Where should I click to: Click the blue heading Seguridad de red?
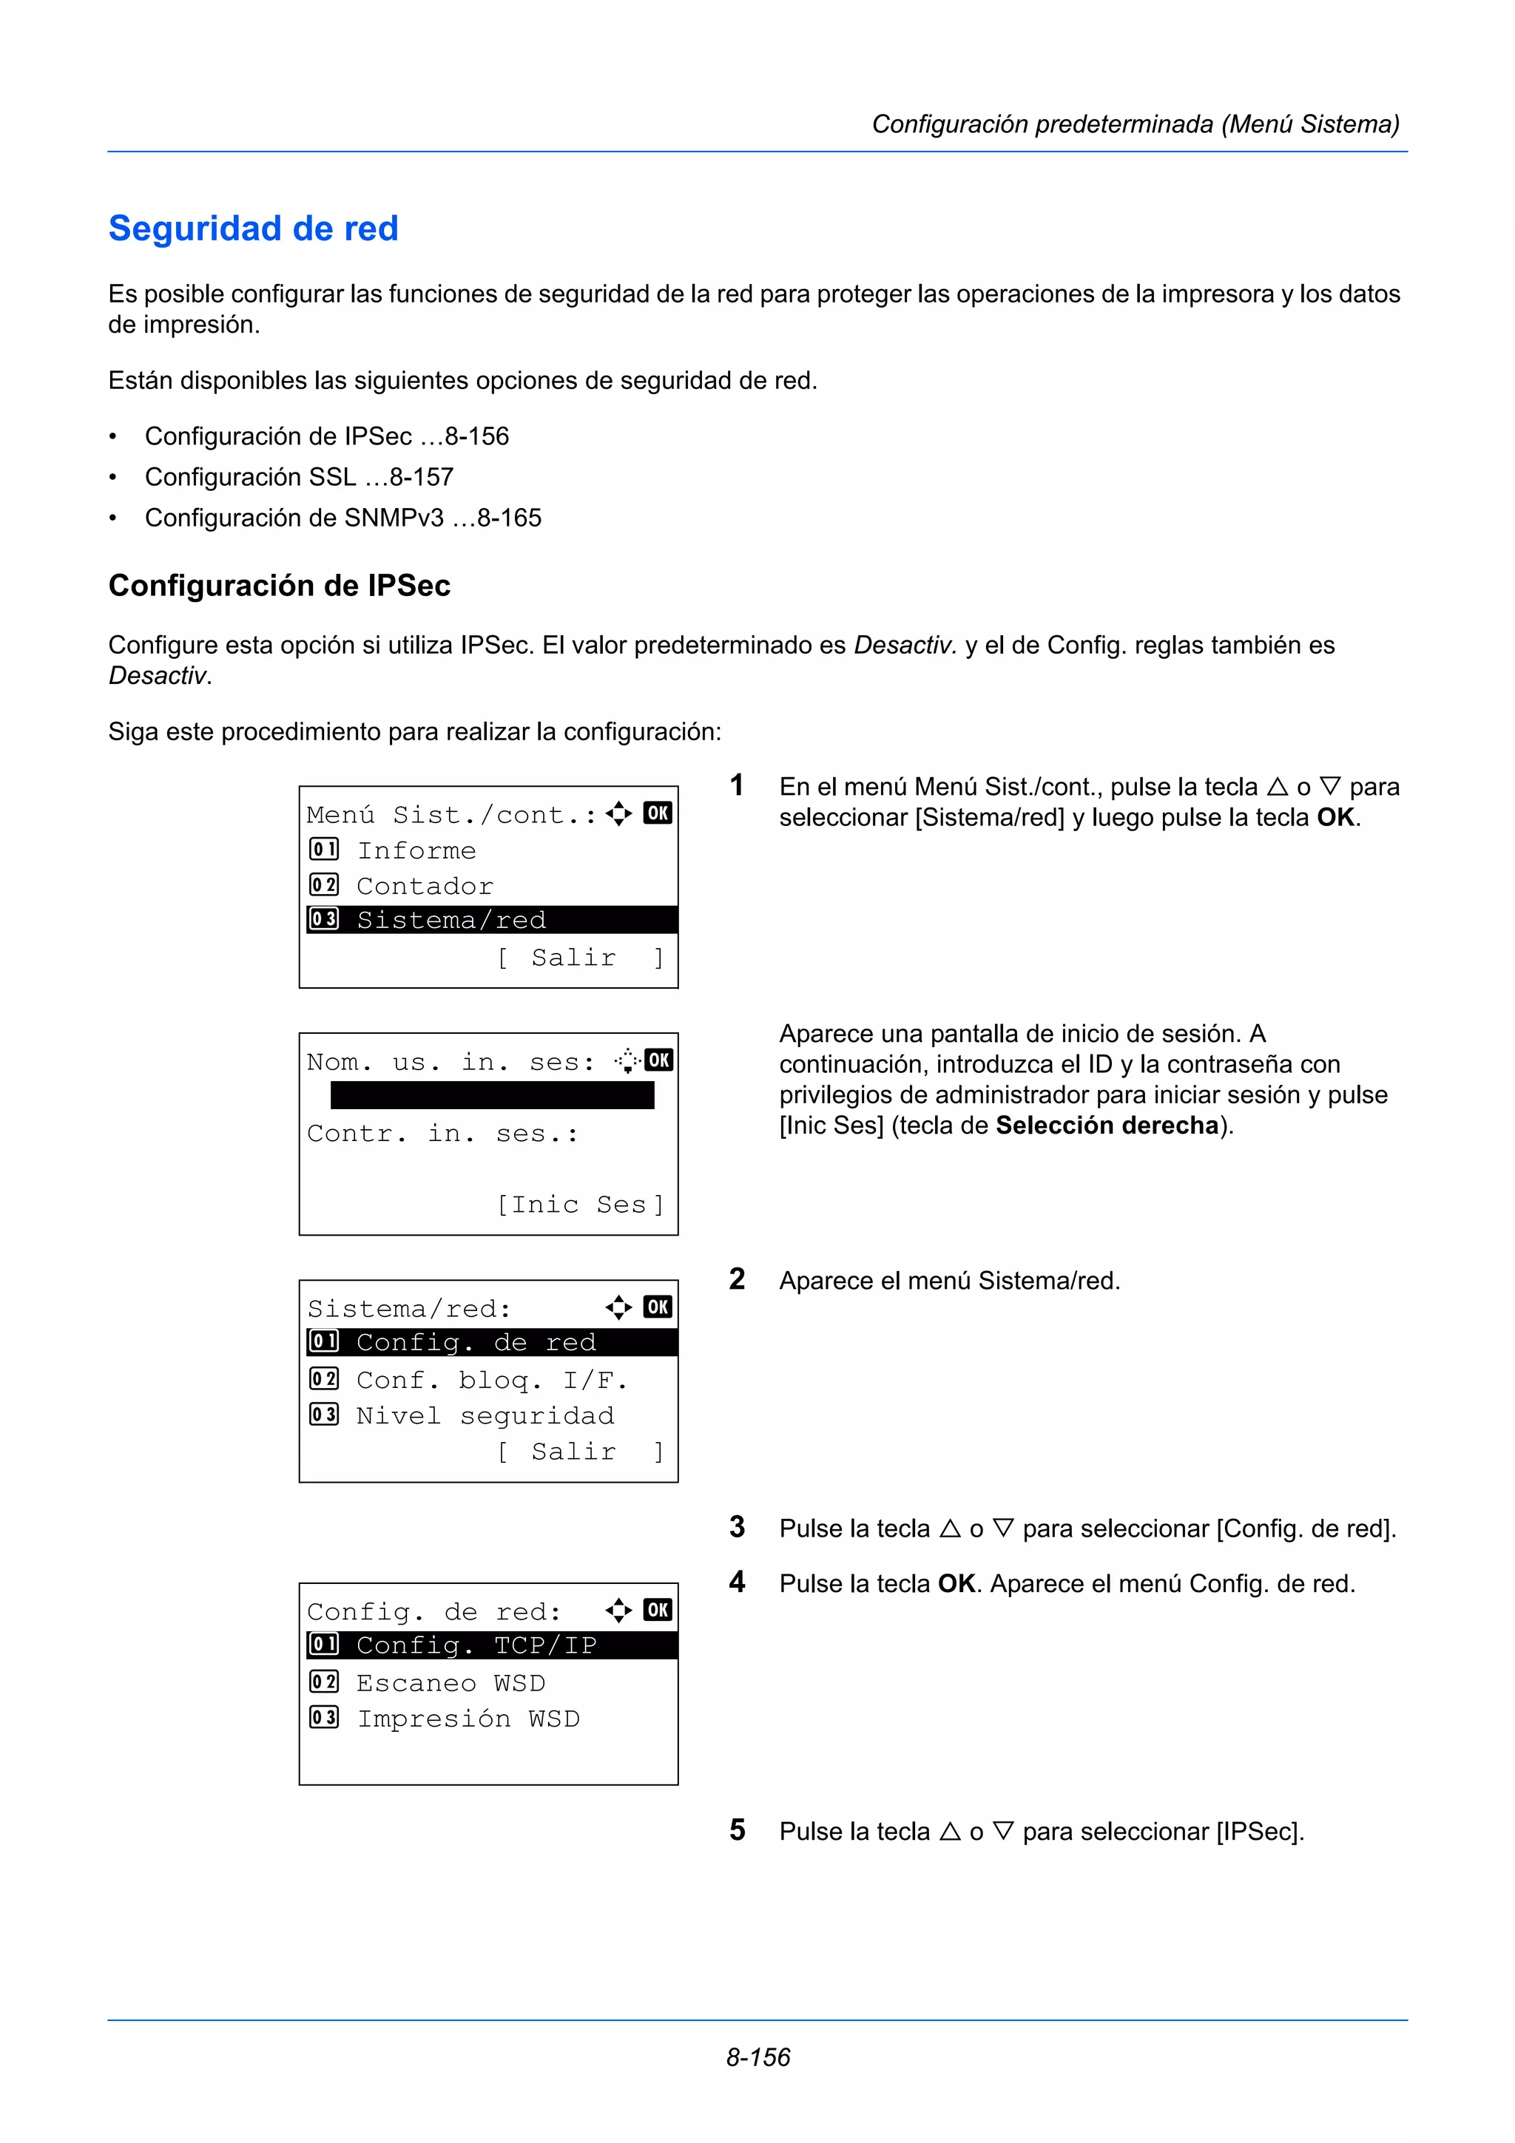click(253, 228)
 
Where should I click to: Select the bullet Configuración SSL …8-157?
click(299, 477)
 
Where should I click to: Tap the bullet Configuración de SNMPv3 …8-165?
click(343, 518)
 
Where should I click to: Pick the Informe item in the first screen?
click(416, 850)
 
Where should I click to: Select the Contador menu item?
click(425, 886)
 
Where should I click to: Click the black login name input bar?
click(492, 1096)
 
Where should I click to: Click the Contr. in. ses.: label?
click(442, 1134)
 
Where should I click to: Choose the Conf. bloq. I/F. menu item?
click(492, 1381)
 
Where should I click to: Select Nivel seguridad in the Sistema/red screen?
click(485, 1416)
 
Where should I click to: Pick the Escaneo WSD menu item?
click(451, 1684)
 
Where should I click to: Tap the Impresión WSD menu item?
click(468, 1719)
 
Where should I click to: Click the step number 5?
click(738, 1830)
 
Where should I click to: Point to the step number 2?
click(738, 1279)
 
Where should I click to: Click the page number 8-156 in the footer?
click(758, 2057)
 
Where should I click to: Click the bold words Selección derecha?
click(1107, 1125)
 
